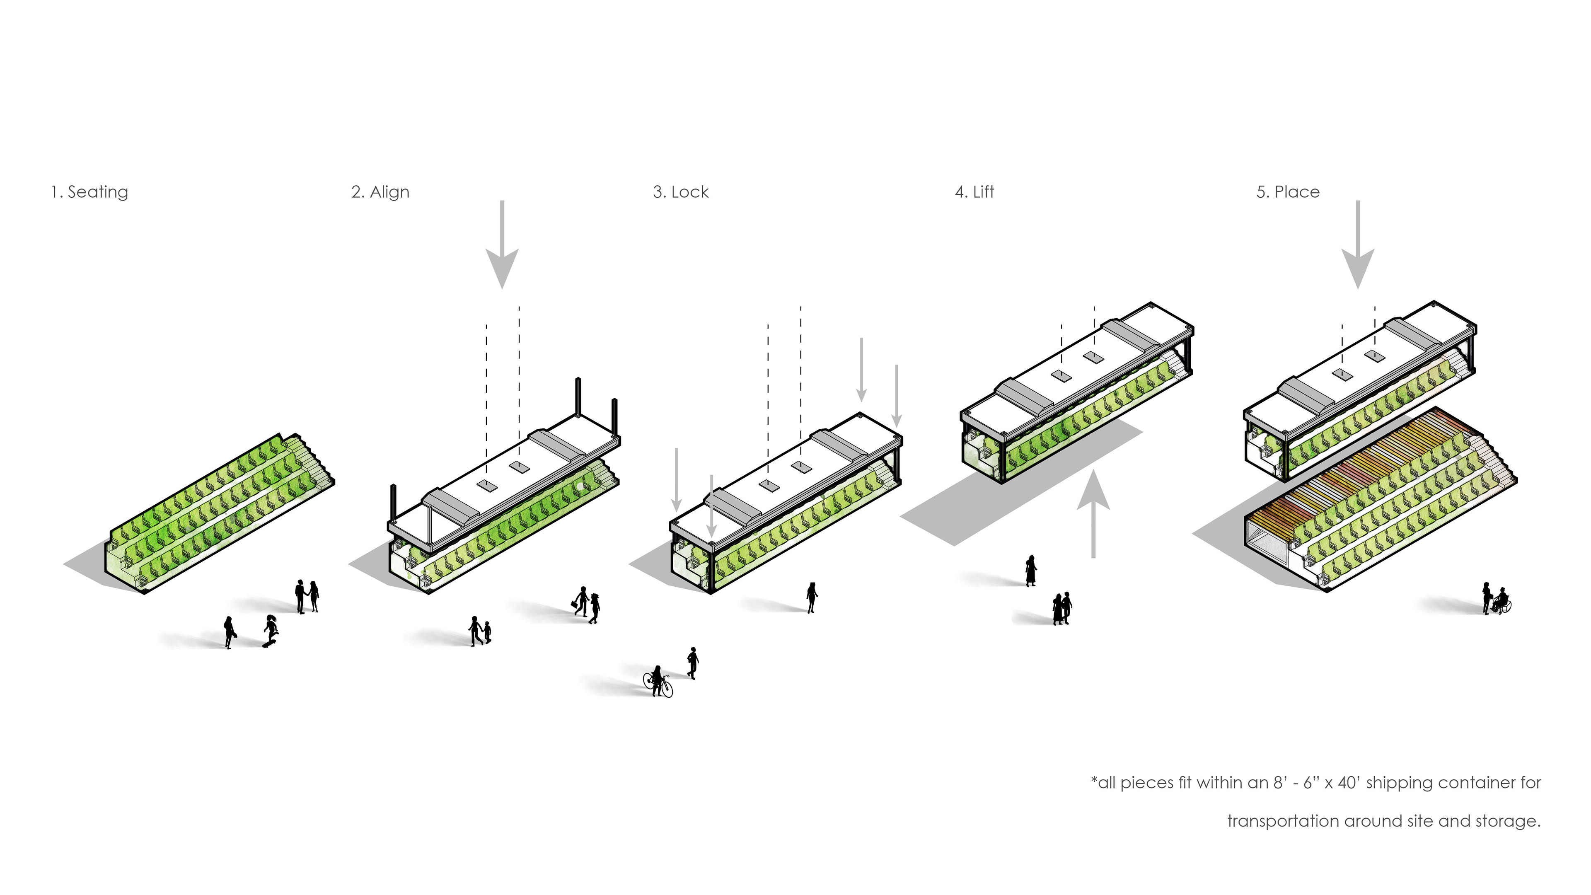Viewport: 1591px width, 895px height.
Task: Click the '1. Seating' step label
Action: coord(89,192)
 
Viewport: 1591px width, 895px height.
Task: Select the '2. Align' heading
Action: coord(380,192)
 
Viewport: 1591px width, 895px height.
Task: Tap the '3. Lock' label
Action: coord(681,192)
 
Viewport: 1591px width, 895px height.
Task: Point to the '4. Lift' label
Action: coord(974,192)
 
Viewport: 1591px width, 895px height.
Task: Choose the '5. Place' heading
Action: coord(1288,192)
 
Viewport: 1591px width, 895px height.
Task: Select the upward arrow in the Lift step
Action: coord(1093,513)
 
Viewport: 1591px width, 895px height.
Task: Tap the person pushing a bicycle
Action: coord(657,681)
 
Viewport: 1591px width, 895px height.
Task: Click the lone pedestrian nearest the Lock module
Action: coord(812,597)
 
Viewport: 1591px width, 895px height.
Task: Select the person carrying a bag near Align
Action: coord(581,601)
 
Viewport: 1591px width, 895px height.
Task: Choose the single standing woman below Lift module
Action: coord(1030,570)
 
